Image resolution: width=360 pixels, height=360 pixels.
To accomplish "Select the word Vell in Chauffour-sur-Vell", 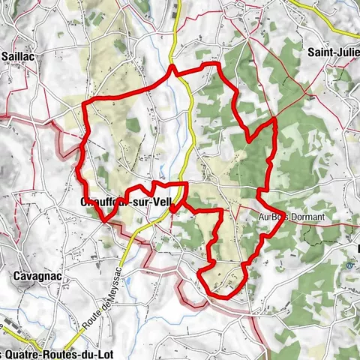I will click(x=165, y=202).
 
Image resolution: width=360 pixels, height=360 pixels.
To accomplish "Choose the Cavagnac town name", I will click(x=36, y=276).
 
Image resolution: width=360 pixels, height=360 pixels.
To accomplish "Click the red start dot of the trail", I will click(x=173, y=209).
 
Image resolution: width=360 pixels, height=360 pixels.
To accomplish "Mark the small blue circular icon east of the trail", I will click(x=349, y=264).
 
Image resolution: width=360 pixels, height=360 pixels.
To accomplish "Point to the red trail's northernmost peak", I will click(x=173, y=67).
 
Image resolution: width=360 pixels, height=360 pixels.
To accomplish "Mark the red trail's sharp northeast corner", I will click(x=274, y=119).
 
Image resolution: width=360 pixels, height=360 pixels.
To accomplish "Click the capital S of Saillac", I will click(x=5, y=55).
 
